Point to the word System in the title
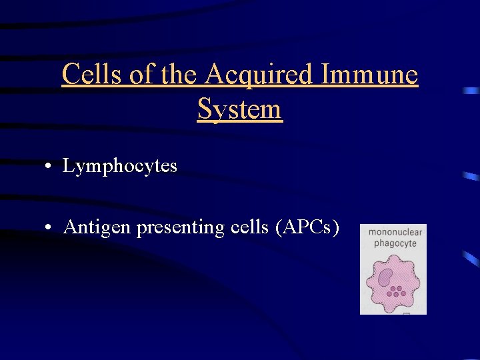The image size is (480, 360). (240, 109)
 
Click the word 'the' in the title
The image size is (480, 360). (179, 75)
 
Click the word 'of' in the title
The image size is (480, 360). (142, 75)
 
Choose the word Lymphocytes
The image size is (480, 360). (120, 166)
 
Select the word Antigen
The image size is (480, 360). (97, 227)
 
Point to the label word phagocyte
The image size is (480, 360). (395, 243)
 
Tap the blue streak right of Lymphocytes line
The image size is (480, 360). (471, 176)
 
